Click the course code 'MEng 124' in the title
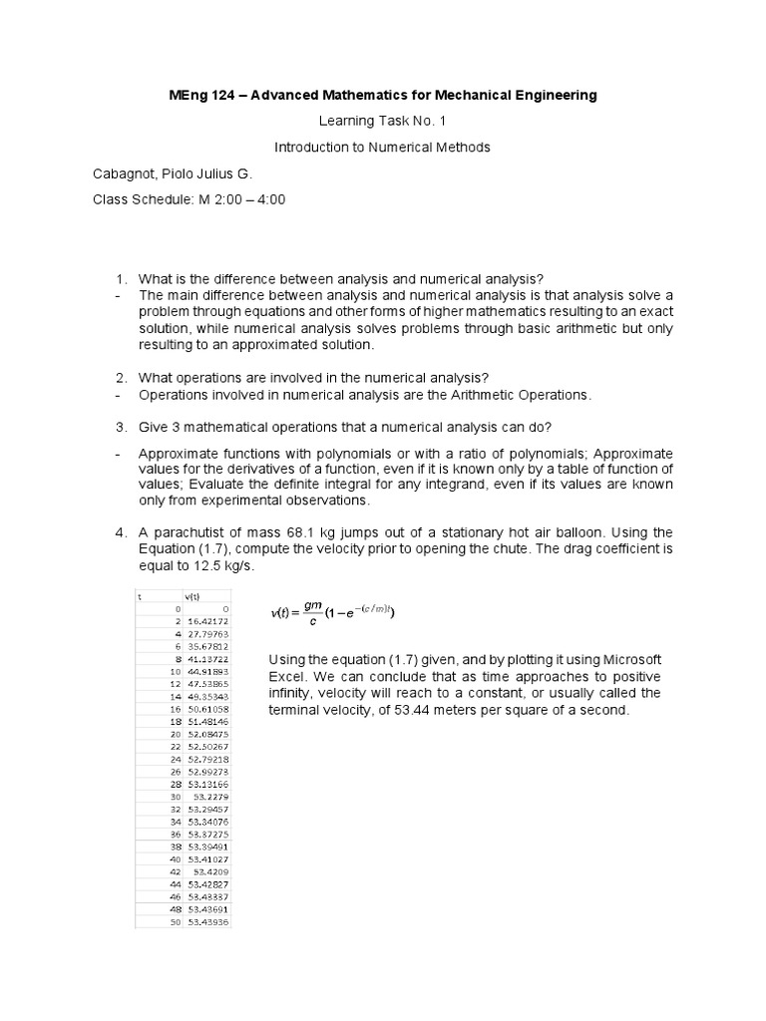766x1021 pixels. tap(199, 96)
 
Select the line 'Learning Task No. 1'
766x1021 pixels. tap(382, 122)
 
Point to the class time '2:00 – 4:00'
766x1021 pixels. tap(251, 199)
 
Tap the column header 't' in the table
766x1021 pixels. tap(140, 595)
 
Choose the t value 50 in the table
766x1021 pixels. tap(175, 921)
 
